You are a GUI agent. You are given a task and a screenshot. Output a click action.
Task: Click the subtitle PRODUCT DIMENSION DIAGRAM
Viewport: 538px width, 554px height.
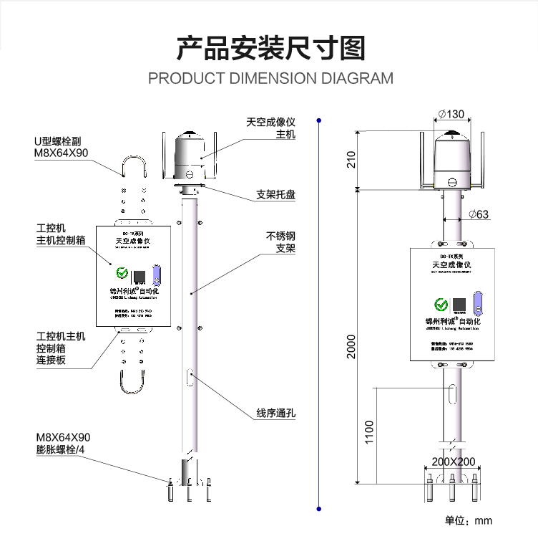(270, 78)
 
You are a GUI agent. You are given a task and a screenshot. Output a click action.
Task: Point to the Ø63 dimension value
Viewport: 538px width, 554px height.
(479, 214)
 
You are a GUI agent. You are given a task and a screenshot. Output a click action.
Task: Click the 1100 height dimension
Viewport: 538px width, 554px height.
(369, 432)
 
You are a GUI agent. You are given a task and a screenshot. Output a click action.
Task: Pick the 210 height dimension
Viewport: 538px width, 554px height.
(351, 160)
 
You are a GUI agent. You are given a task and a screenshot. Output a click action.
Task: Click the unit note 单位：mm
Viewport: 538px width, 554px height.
(469, 521)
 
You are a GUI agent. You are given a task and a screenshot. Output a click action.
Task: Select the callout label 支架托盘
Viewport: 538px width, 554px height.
(276, 195)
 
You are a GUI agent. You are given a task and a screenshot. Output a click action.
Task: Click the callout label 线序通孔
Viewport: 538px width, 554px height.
(276, 414)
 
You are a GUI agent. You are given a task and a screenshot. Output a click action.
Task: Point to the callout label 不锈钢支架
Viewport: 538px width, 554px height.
(281, 242)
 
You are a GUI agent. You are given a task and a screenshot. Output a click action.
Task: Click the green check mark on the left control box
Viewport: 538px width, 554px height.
(122, 273)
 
